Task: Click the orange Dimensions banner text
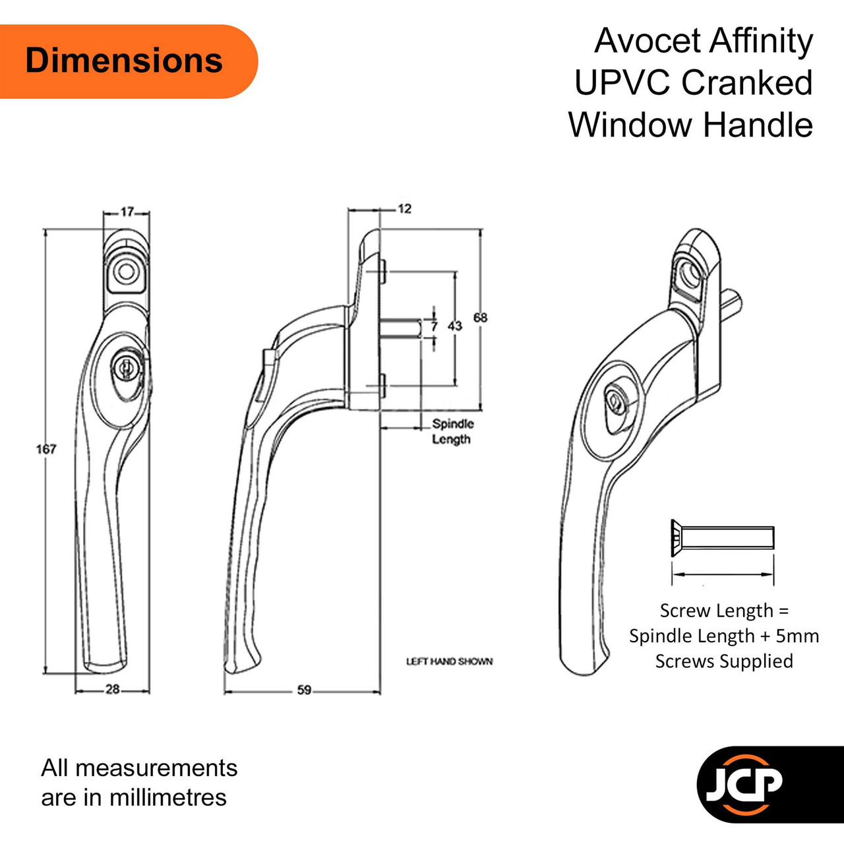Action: pos(124,61)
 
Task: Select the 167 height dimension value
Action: pos(46,449)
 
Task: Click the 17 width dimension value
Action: pos(127,212)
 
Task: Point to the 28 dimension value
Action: pos(113,690)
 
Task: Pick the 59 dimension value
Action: pos(304,690)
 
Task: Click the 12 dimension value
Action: pos(405,210)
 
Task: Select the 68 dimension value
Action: pos(480,318)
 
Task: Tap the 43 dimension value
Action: pos(454,326)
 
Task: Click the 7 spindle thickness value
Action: pos(434,326)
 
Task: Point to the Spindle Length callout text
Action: pos(453,431)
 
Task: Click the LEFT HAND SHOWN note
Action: pos(450,662)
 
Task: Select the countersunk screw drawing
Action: pos(723,537)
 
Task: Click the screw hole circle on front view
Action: pos(127,272)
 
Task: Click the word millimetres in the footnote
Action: pos(168,798)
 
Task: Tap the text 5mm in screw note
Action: pos(797,636)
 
